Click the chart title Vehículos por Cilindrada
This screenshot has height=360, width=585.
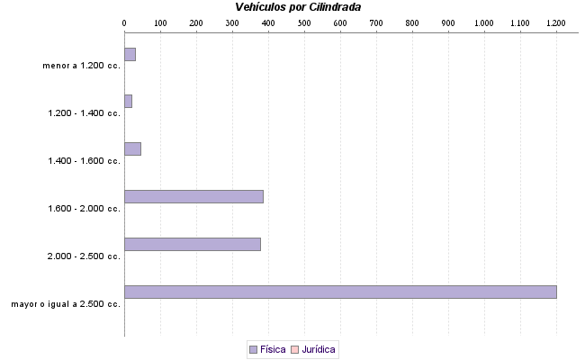click(x=292, y=7)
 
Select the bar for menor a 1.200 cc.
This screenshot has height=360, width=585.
click(x=130, y=54)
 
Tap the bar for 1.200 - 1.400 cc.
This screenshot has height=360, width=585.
click(x=128, y=102)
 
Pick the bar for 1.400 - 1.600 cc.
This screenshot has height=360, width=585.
click(x=132, y=148)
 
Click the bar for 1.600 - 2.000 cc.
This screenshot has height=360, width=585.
click(x=193, y=196)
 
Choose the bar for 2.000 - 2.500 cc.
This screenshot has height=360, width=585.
click(x=192, y=244)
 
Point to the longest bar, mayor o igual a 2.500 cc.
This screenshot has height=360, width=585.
click(x=340, y=292)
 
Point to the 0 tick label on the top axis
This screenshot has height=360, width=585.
click(x=124, y=22)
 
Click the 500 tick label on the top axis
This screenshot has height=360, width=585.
click(x=304, y=22)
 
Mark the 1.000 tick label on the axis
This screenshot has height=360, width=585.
click(x=484, y=22)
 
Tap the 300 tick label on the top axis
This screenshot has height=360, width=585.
click(x=232, y=22)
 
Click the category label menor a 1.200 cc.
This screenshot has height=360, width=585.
click(x=81, y=66)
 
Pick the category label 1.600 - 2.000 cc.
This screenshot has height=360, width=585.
click(x=85, y=209)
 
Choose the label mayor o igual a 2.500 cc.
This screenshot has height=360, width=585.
click(x=66, y=304)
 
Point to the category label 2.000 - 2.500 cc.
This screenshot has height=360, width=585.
click(x=85, y=256)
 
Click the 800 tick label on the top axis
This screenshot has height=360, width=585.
click(x=412, y=22)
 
